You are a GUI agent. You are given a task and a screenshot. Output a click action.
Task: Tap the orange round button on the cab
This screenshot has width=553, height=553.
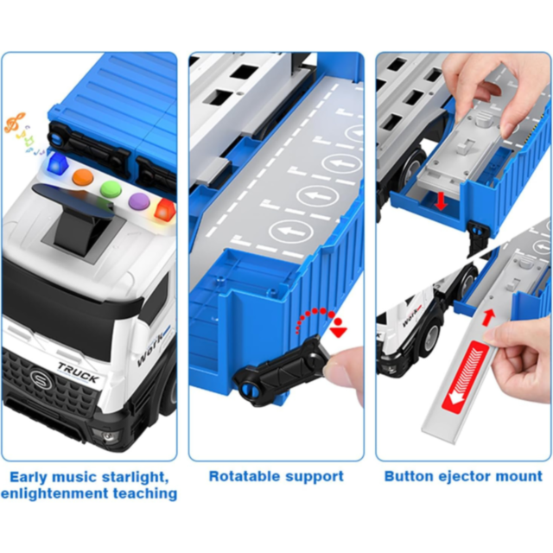83,177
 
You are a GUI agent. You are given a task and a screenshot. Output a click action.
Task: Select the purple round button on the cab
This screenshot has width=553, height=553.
139,201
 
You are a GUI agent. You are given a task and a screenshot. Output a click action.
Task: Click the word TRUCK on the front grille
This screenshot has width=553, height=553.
78,366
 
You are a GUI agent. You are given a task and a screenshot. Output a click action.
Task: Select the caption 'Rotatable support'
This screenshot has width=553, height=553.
276,476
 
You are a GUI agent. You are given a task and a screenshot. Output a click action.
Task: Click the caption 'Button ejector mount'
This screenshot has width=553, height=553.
463,476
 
